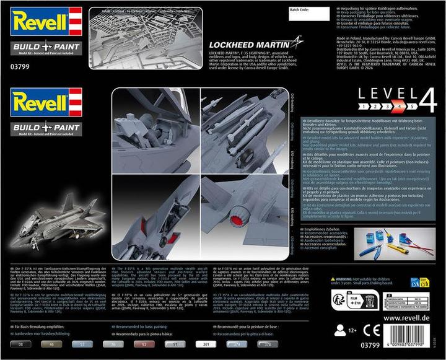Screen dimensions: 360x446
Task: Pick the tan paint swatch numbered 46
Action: [51, 343]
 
